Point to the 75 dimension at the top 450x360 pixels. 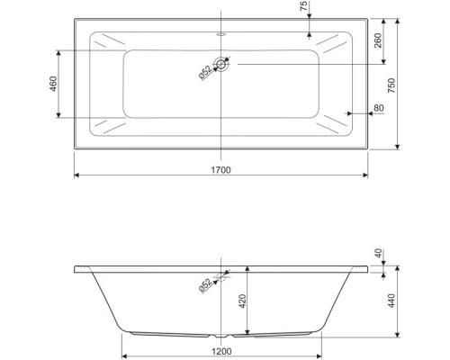point(304,8)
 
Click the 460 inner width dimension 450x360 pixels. point(53,83)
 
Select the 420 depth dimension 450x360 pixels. point(241,301)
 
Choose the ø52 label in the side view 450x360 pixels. point(205,284)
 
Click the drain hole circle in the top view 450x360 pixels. point(221,65)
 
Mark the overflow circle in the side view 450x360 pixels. point(221,276)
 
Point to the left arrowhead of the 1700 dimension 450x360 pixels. point(76,175)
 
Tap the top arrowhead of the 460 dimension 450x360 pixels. point(60,50)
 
